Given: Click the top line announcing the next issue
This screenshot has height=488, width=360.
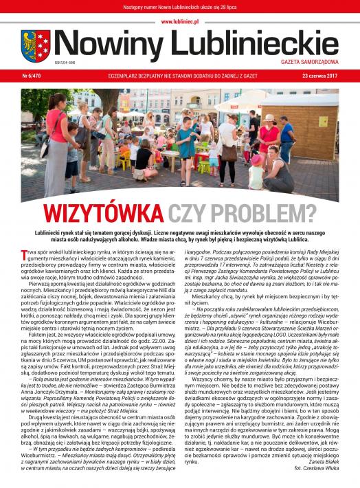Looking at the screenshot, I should click(x=179, y=6).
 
